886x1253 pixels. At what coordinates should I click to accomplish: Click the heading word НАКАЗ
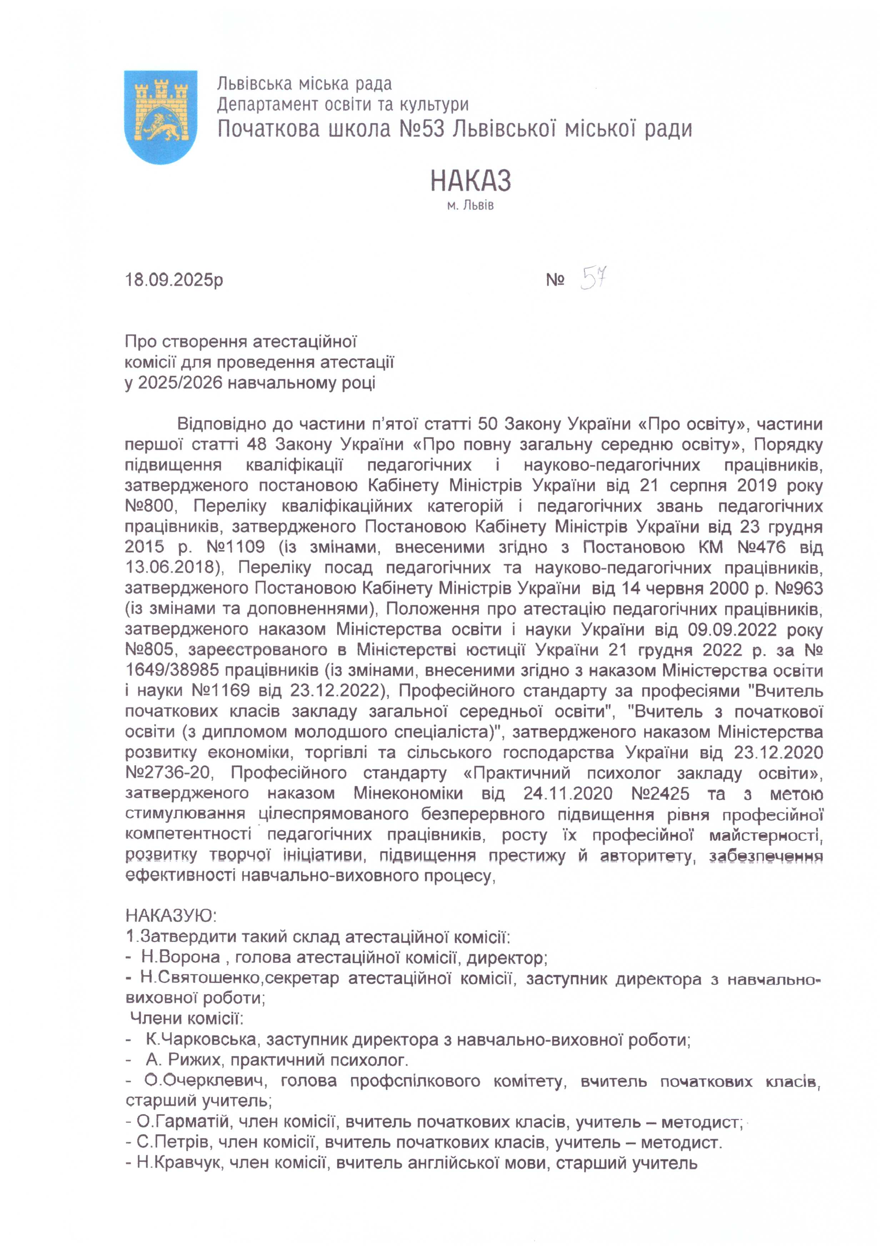(470, 181)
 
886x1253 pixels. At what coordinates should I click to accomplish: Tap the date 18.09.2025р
(174, 280)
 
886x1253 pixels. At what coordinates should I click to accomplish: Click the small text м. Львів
(470, 206)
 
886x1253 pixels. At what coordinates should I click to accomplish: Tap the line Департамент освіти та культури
(342, 104)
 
